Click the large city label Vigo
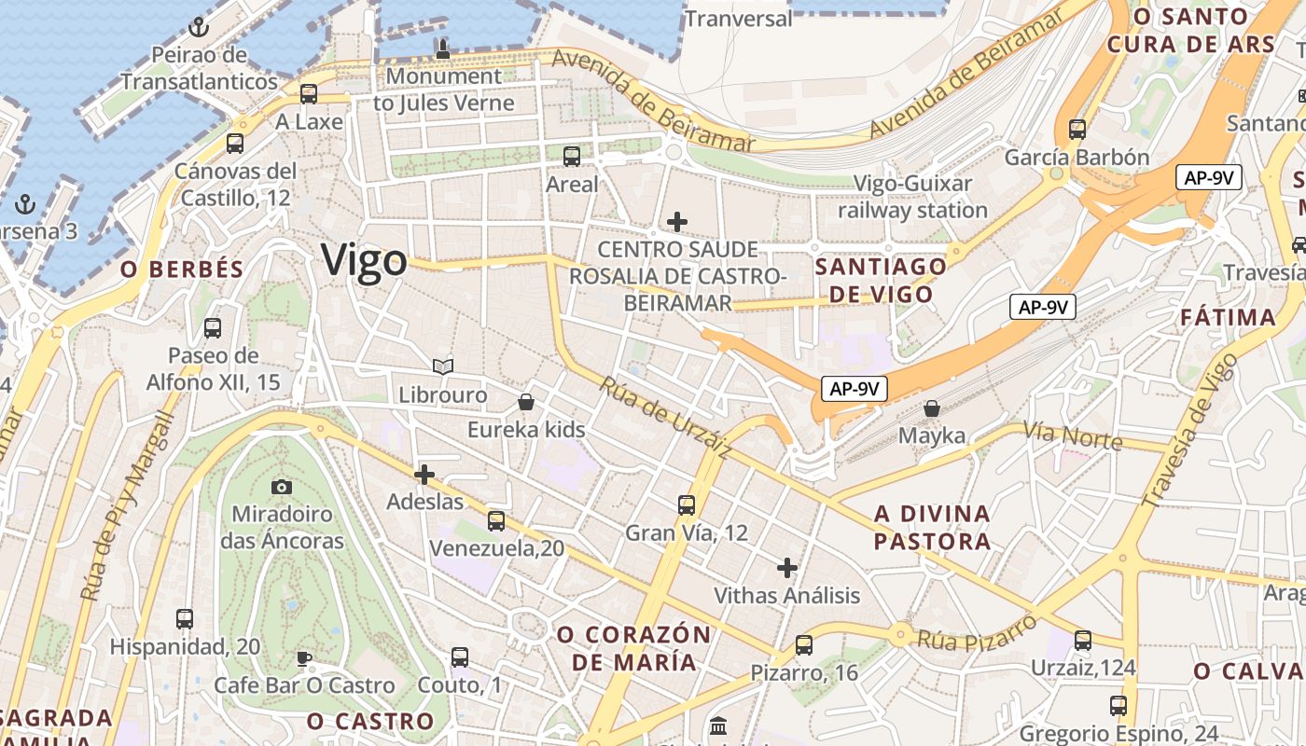click(365, 260)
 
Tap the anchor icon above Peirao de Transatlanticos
click(198, 27)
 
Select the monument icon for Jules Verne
click(443, 48)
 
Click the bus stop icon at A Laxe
click(309, 94)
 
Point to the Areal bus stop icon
click(572, 157)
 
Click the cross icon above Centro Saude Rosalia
click(677, 222)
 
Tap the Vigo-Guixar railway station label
click(912, 197)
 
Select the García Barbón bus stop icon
click(1077, 130)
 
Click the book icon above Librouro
click(443, 367)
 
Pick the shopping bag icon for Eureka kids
click(526, 402)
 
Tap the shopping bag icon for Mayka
click(931, 408)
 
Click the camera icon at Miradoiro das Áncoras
click(282, 487)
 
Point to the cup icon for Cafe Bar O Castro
click(304, 658)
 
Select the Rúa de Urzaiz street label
click(664, 418)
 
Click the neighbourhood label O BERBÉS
click(182, 269)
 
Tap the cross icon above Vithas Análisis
click(787, 567)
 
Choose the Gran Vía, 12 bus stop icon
click(687, 505)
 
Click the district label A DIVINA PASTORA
click(932, 528)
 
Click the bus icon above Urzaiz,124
click(1082, 641)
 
